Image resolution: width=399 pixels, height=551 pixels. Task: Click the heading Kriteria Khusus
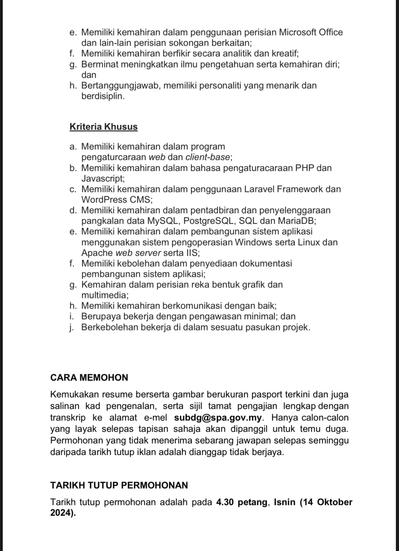point(103,127)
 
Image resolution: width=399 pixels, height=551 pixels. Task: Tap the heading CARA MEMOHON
point(89,378)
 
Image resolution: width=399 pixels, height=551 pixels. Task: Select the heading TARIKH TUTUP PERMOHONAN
point(119,485)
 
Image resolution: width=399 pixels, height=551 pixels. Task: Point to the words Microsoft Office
point(311,32)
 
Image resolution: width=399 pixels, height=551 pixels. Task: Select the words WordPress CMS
point(116,199)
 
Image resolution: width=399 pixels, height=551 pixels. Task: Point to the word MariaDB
point(296,221)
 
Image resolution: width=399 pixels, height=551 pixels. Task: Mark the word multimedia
point(104,295)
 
